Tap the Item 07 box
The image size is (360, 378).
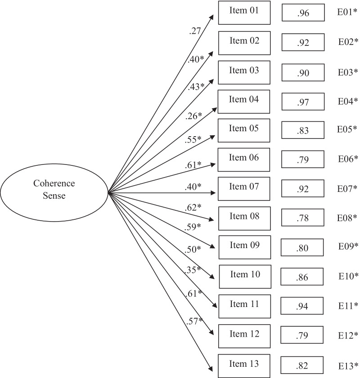[244, 189]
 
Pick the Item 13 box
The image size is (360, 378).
[244, 365]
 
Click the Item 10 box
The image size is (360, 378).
[245, 277]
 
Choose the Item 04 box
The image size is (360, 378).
[244, 101]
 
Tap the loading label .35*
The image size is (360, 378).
[192, 270]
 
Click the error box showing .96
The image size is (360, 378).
[303, 13]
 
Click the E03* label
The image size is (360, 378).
[348, 72]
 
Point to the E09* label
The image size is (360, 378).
[348, 246]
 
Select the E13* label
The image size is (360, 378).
[348, 365]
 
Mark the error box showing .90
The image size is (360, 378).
[303, 72]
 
